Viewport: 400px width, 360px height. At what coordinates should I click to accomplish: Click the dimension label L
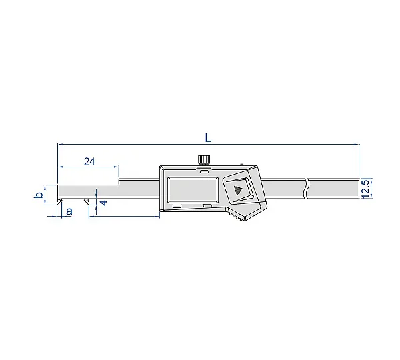(209, 138)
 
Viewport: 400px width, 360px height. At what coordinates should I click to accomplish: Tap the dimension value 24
(89, 161)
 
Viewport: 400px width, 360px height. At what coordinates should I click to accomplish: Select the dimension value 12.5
(365, 189)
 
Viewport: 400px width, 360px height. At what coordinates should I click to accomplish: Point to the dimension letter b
(39, 195)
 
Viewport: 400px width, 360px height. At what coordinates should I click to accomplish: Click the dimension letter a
(69, 211)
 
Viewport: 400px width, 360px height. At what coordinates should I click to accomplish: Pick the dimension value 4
(104, 203)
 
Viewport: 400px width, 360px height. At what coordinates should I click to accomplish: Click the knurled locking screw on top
(204, 160)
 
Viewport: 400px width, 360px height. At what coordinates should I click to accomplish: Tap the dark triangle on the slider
(238, 190)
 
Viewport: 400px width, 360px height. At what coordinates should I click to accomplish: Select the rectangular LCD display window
(193, 189)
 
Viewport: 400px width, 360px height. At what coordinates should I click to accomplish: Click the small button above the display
(204, 172)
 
